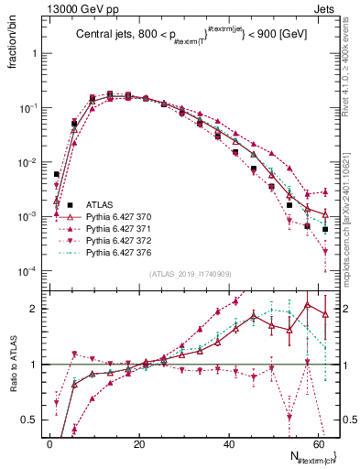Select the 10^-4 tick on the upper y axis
[x=27, y=272]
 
